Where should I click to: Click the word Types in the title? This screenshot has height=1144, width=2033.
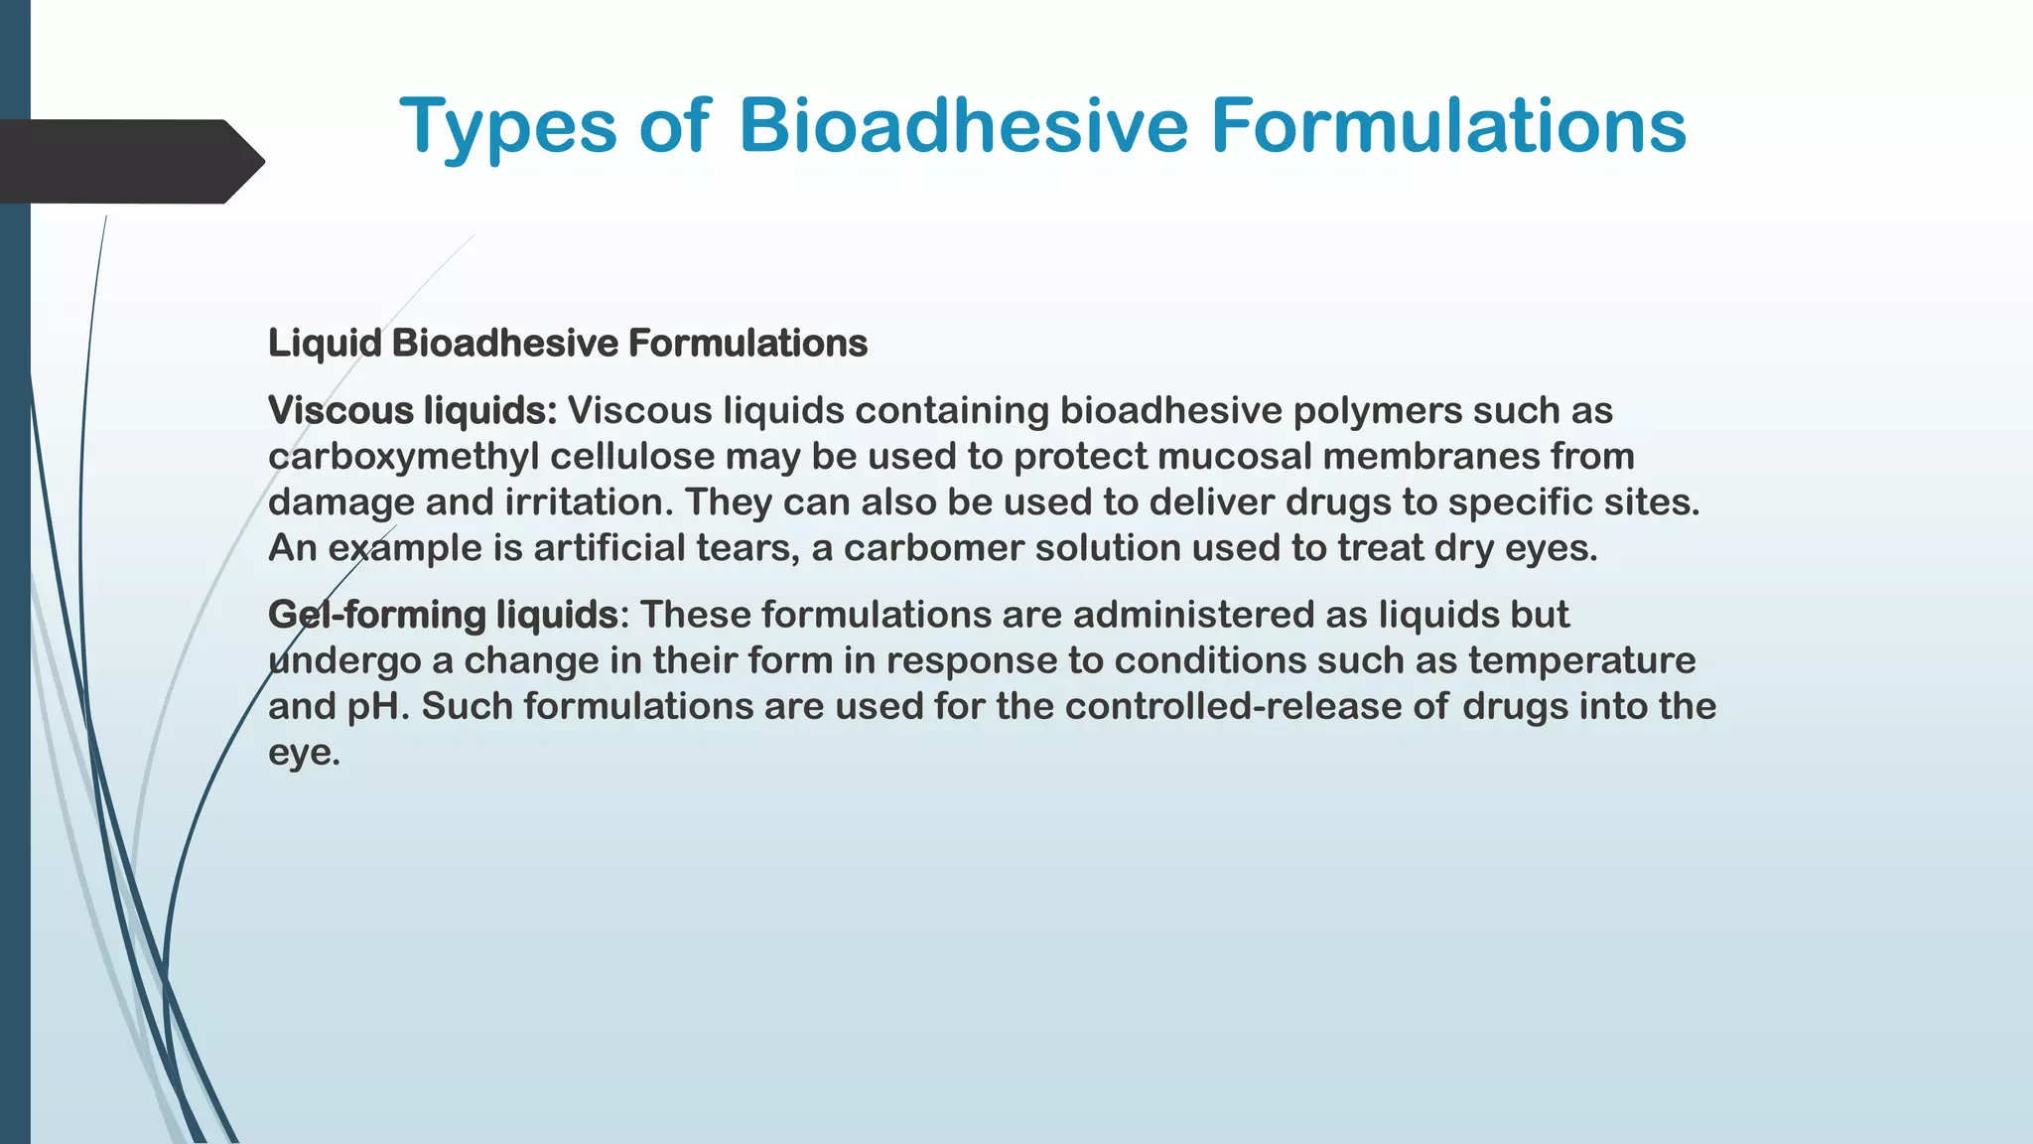point(507,127)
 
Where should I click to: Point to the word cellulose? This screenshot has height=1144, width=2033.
point(631,457)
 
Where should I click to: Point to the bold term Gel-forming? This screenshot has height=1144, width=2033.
point(376,615)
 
